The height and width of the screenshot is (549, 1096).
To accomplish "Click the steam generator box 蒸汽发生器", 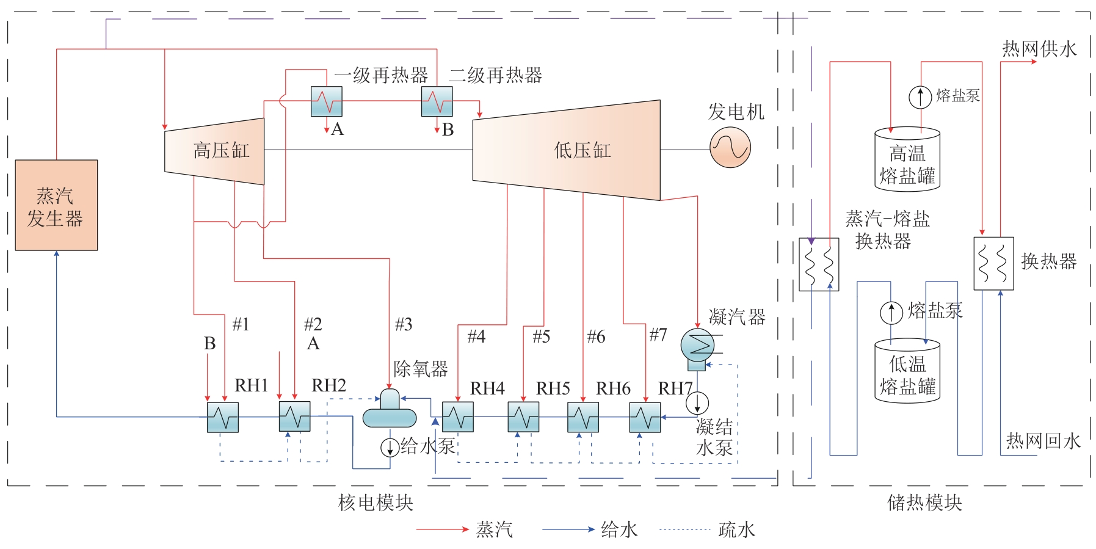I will coord(56,205).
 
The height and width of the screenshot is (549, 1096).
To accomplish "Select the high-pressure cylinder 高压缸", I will coord(215,151).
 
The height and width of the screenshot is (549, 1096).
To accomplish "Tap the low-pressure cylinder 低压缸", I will coord(566,150).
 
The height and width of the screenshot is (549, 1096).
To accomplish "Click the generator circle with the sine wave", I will coord(730,148).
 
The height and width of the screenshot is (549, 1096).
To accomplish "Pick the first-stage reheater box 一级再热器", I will coord(327,101).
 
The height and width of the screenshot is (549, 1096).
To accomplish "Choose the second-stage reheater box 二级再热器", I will coord(437,101).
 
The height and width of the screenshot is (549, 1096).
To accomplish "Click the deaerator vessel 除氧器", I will coord(390,411).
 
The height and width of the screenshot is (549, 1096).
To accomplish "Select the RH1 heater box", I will coord(223,417).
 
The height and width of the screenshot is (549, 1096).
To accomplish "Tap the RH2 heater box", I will coord(295,417).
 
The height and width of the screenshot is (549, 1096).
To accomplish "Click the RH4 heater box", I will coord(458,417).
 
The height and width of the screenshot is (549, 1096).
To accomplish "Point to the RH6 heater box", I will coord(583,417).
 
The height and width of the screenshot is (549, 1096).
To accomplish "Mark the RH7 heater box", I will coord(645,417).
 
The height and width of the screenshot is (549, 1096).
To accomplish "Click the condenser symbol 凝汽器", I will coord(697,346).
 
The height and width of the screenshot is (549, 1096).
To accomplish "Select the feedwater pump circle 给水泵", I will coord(390,448).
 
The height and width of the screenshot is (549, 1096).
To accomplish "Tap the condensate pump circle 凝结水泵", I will coord(697,402).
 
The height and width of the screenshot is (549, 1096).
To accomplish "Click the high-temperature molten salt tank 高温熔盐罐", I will coord(907,159).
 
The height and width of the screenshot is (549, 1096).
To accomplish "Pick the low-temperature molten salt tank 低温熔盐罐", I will coord(907,371).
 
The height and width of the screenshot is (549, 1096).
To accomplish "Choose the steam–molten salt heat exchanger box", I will coord(819,264).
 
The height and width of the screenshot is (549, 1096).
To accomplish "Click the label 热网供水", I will coord(1039,49).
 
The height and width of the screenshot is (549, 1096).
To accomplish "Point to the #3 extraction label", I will coord(404,324).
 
